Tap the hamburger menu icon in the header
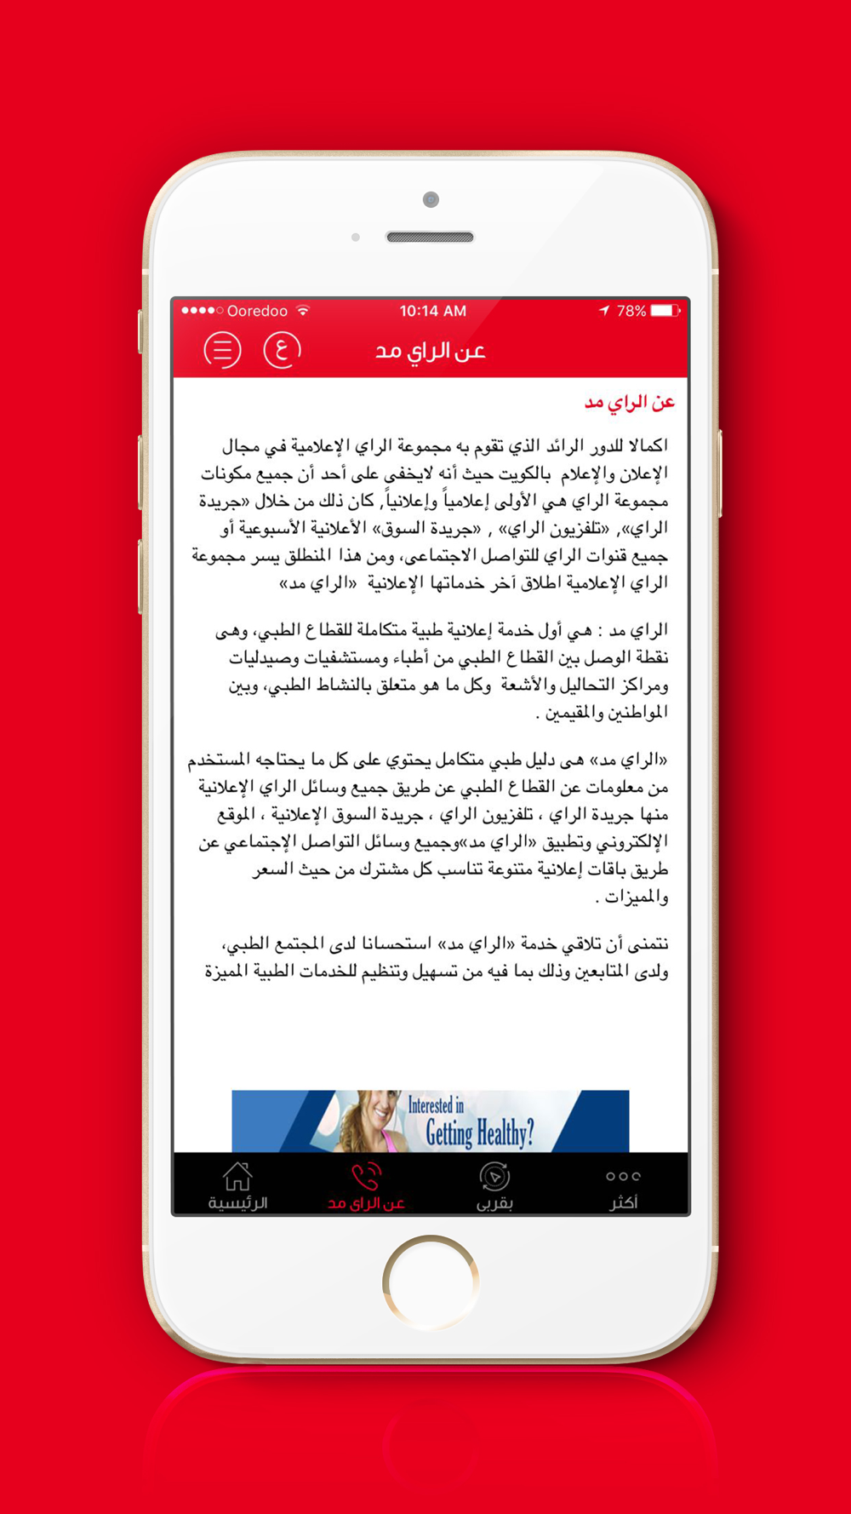[x=222, y=350]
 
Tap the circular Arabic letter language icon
[x=282, y=350]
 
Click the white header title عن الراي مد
[x=431, y=351]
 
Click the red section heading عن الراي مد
[x=629, y=402]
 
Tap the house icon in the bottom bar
[x=237, y=1177]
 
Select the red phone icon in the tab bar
[x=366, y=1177]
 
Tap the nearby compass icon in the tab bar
[x=494, y=1177]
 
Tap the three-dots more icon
[x=623, y=1176]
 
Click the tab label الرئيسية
[x=237, y=1203]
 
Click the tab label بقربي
[x=494, y=1203]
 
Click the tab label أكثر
[x=623, y=1202]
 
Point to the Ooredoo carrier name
[x=257, y=312]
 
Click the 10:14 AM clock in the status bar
[x=432, y=311]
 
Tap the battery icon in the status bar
[x=665, y=311]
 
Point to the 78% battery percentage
[x=631, y=312]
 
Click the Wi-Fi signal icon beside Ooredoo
[x=303, y=310]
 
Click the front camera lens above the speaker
[x=431, y=200]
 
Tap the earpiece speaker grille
[x=430, y=237]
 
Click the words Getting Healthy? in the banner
[x=479, y=1133]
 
